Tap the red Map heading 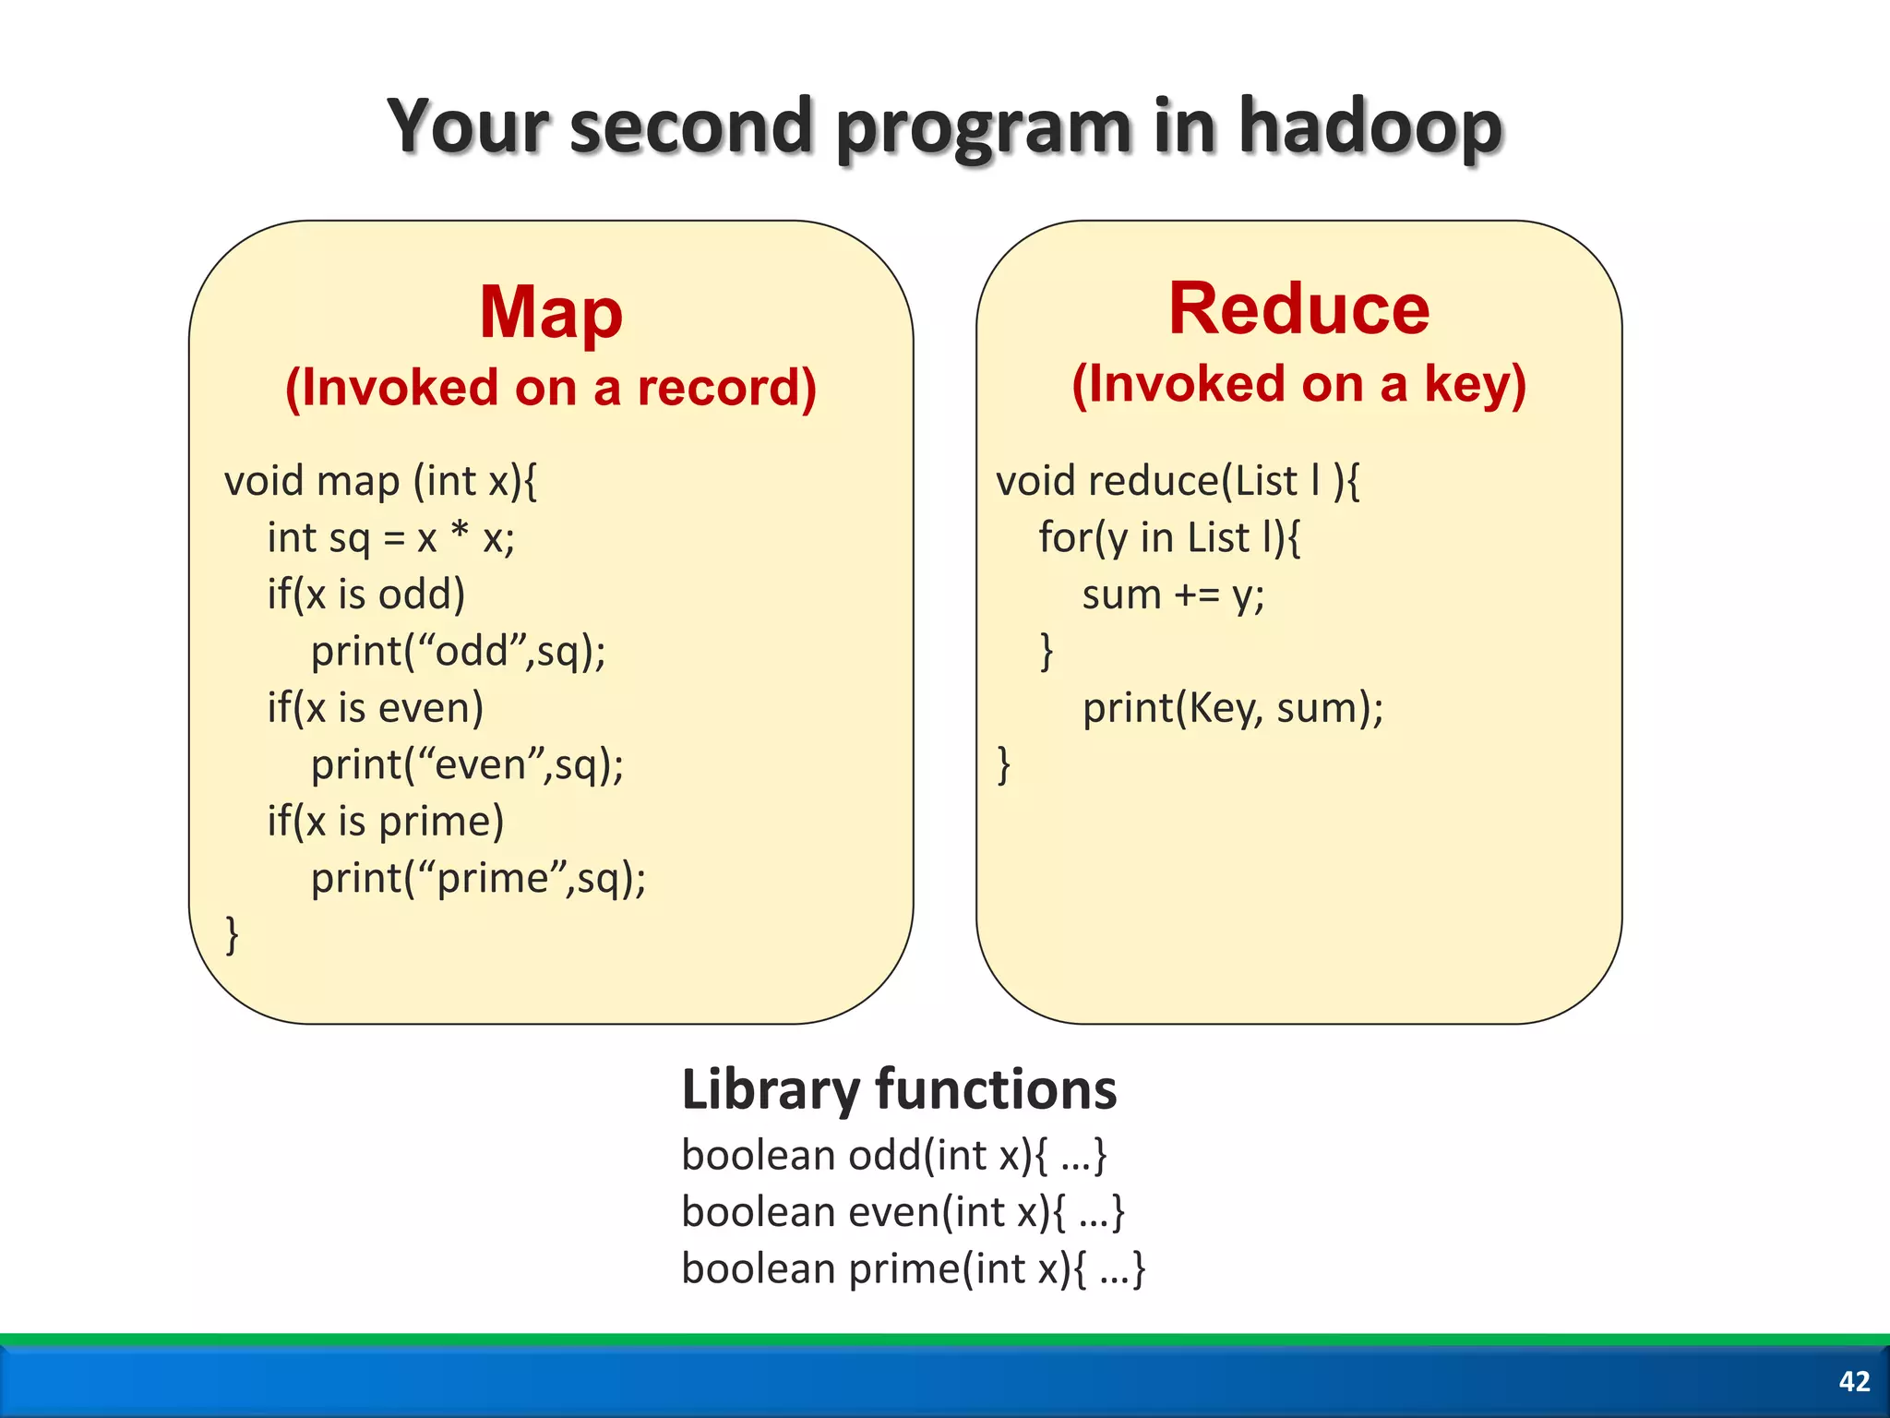click(x=551, y=313)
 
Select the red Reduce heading click(x=1298, y=309)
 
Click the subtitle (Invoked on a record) click(x=551, y=388)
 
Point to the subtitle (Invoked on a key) click(x=1298, y=384)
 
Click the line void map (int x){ click(x=380, y=482)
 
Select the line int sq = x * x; click(x=390, y=538)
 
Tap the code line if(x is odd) click(x=365, y=595)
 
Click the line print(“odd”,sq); click(x=458, y=652)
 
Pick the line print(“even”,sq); click(x=467, y=765)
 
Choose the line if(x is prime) click(x=385, y=822)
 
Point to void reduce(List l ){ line click(x=1177, y=482)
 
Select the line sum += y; click(x=1173, y=595)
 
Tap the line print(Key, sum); click(x=1233, y=709)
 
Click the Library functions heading click(x=898, y=1089)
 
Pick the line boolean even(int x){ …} click(x=903, y=1212)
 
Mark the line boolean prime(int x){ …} click(x=913, y=1269)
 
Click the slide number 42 click(x=1853, y=1381)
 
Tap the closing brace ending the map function click(x=232, y=934)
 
